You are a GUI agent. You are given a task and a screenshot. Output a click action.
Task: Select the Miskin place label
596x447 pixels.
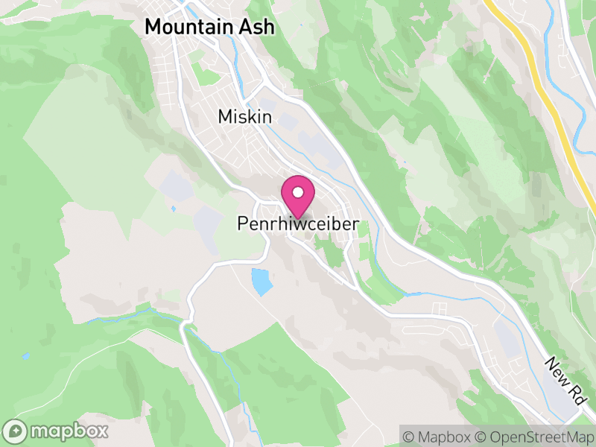245,117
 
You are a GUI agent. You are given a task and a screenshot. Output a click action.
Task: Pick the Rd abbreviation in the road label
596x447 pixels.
576,393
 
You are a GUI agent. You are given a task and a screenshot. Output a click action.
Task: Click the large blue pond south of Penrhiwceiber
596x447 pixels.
261,282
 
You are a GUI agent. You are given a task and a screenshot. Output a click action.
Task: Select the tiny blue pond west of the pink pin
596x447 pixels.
173,209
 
